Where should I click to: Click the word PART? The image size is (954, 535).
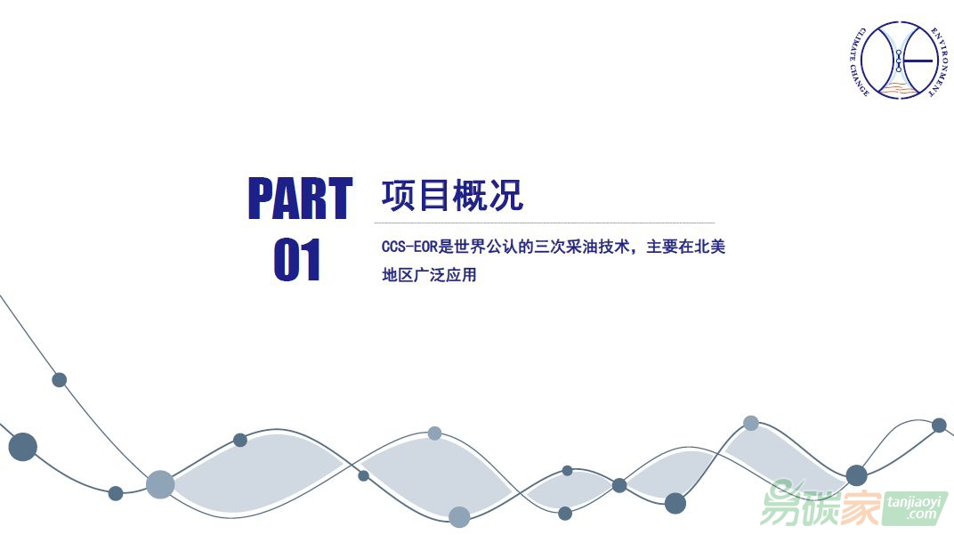300,198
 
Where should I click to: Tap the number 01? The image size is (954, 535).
297,259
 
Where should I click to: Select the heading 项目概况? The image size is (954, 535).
452,195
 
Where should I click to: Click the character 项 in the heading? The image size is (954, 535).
399,195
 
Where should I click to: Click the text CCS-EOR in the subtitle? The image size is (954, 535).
409,247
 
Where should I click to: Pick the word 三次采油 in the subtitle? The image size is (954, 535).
565,247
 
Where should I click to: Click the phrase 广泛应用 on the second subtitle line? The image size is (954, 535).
445,274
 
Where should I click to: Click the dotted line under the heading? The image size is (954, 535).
545,223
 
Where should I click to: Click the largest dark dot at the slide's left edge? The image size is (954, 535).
23,447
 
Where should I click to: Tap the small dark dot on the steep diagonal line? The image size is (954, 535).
59,380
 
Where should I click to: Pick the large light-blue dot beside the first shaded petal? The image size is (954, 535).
160,484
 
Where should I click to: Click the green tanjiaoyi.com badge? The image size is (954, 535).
916,508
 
